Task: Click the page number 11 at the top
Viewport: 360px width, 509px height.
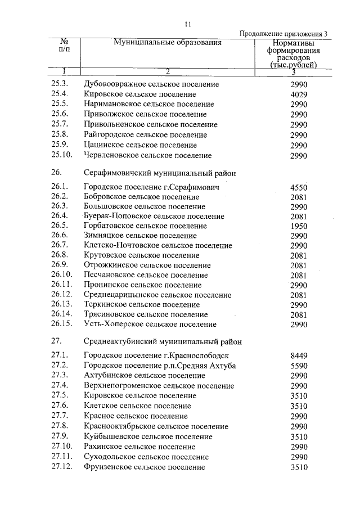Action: (x=188, y=24)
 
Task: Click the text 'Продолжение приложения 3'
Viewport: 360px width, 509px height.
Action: (x=283, y=34)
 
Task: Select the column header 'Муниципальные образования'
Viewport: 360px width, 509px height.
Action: (x=168, y=43)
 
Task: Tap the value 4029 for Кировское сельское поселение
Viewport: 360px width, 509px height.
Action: (x=298, y=94)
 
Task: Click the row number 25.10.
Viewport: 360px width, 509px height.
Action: (x=61, y=155)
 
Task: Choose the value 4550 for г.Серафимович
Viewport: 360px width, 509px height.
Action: (x=298, y=187)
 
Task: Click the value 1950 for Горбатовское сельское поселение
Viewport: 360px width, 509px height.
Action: (x=298, y=226)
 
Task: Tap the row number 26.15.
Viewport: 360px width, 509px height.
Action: (x=61, y=325)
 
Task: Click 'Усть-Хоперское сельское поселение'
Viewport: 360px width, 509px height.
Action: (x=150, y=325)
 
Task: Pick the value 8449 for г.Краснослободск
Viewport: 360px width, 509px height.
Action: (x=298, y=355)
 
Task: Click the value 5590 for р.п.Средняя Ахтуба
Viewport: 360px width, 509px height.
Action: (x=298, y=366)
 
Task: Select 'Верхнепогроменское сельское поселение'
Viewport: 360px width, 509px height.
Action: (x=159, y=386)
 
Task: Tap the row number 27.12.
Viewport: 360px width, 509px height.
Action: (x=61, y=467)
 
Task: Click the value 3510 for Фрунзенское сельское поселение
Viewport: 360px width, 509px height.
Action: (x=298, y=467)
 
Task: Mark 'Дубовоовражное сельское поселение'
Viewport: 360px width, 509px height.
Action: (x=151, y=84)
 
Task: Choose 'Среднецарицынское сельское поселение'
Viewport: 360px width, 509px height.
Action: (x=157, y=295)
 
